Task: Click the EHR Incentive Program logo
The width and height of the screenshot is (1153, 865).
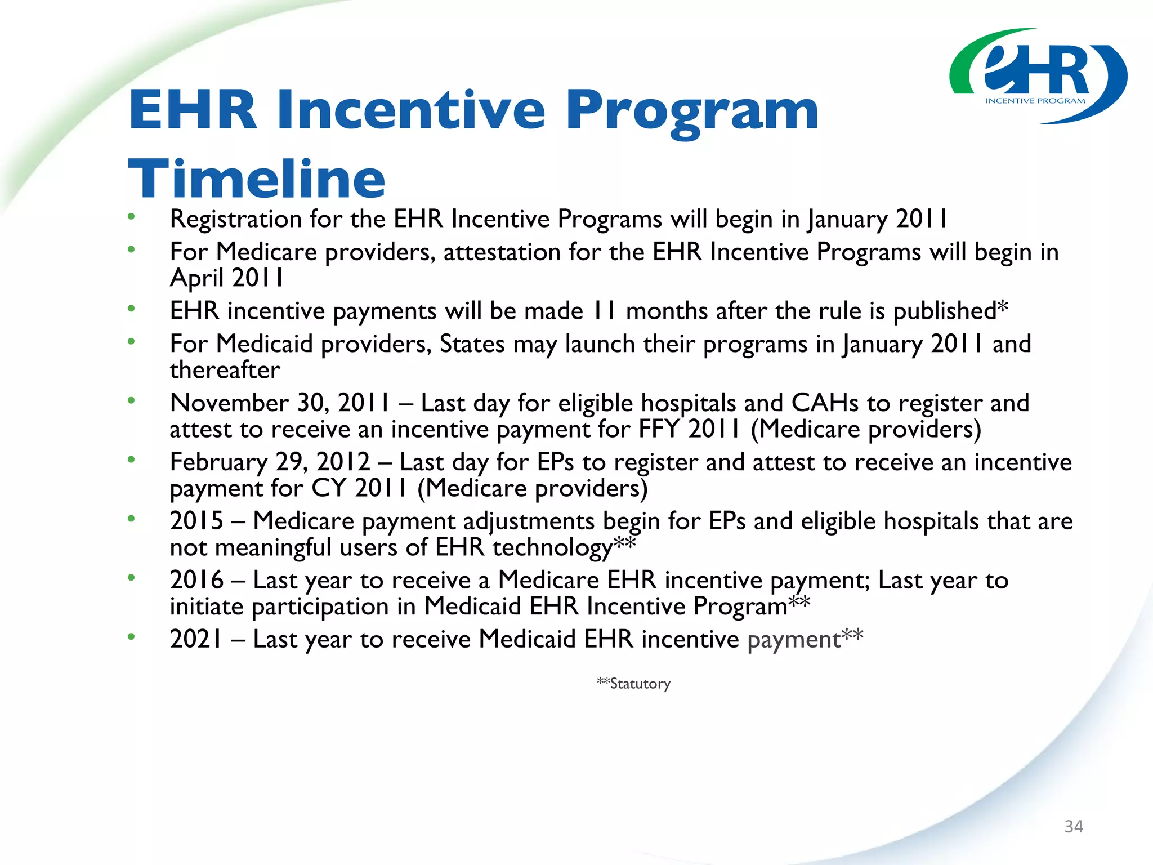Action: click(1038, 76)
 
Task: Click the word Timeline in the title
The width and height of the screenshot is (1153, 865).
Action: click(257, 179)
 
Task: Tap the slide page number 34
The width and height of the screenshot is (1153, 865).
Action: click(1073, 826)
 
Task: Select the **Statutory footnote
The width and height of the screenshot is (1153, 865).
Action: click(633, 684)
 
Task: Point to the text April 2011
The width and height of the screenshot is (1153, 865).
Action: click(226, 278)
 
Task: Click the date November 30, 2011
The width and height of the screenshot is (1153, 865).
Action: click(280, 403)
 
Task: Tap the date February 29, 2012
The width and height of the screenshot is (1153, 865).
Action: click(270, 462)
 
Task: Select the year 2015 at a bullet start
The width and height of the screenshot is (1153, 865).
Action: click(197, 521)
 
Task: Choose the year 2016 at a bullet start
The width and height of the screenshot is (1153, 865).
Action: click(197, 580)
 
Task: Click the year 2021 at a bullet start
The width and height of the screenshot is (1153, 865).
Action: click(197, 639)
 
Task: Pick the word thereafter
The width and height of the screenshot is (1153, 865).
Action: click(225, 371)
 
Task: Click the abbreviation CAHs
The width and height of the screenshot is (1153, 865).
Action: click(825, 403)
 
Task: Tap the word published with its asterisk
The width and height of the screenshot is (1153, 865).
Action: click(950, 311)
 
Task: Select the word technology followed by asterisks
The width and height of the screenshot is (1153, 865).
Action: click(563, 547)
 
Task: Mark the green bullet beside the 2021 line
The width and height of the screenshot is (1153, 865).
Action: click(131, 637)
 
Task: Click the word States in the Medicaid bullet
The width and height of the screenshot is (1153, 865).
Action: click(472, 344)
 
